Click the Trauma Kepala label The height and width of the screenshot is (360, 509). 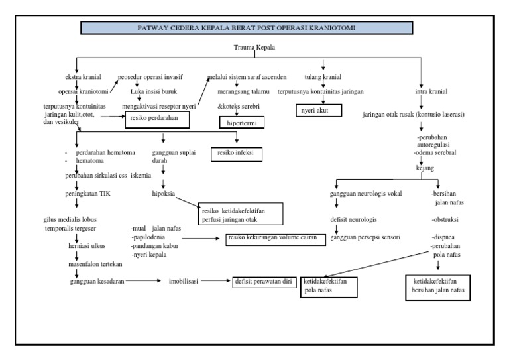[x=254, y=48]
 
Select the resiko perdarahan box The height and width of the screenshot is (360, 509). [x=158, y=119]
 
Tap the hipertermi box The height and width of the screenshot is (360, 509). [x=242, y=122]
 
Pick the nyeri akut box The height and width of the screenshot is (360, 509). [x=317, y=111]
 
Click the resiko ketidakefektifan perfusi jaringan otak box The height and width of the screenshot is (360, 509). [x=240, y=215]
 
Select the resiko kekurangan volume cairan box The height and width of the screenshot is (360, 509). [x=275, y=237]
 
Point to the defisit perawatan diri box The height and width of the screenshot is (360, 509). [x=262, y=281]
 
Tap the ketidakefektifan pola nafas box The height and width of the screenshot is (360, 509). [x=329, y=286]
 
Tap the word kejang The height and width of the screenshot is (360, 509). [x=425, y=168]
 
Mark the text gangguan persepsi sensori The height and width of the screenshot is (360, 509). [x=365, y=237]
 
